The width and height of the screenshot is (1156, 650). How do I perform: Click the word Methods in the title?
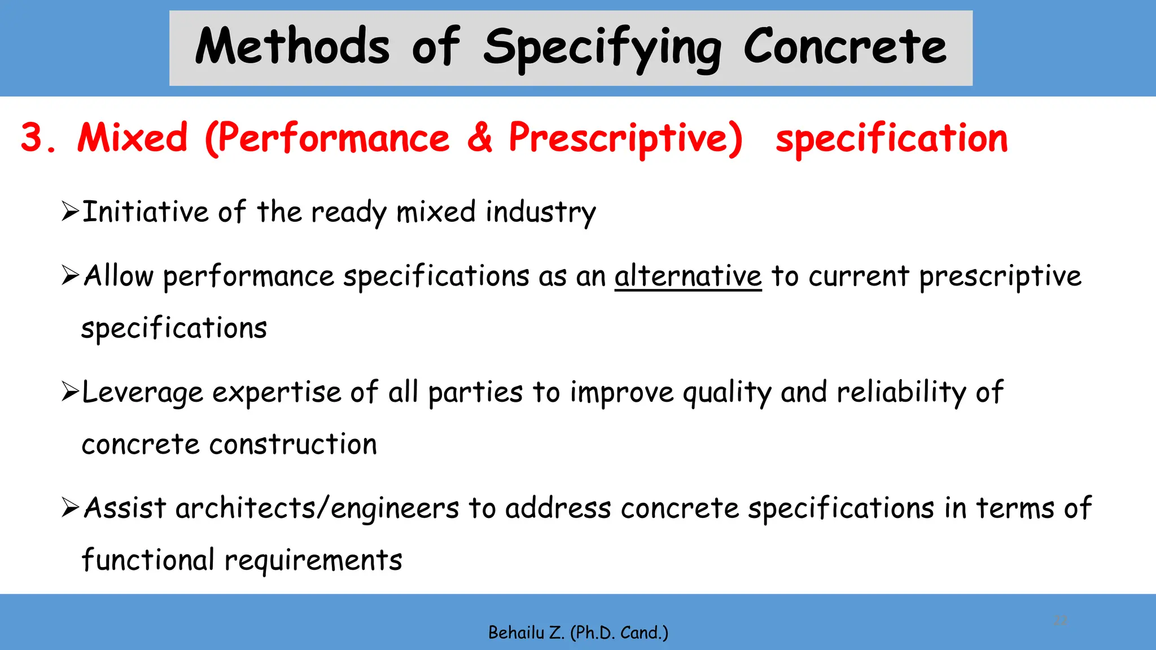tap(292, 46)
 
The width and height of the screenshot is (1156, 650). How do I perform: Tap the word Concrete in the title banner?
tap(844, 46)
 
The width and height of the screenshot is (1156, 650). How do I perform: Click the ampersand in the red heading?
tap(479, 138)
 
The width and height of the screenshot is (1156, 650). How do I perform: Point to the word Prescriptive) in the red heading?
tap(625, 139)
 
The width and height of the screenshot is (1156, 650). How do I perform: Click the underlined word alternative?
tap(688, 276)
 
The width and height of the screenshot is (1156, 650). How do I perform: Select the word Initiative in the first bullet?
tap(144, 213)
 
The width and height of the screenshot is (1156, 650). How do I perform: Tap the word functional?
tap(147, 560)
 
